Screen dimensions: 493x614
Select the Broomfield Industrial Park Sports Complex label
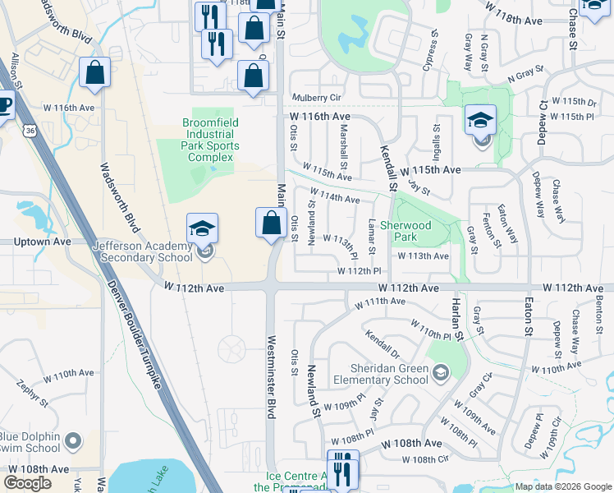pos(207,140)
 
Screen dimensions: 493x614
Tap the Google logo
pos(27,482)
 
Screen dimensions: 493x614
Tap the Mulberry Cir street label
pos(317,97)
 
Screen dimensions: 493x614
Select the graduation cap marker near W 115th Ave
pos(480,121)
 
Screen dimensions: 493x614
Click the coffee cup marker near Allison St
pos(4,105)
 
